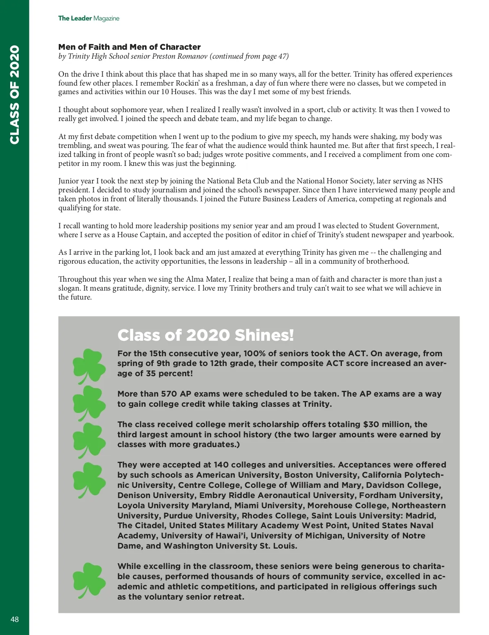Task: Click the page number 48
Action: [15, 619]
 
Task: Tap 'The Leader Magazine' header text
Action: [88, 18]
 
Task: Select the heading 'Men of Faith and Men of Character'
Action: [129, 47]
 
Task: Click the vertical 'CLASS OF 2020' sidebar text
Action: [15, 95]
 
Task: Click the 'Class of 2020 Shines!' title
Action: [205, 335]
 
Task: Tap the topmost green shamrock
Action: [89, 365]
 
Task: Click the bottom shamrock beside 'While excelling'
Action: [89, 580]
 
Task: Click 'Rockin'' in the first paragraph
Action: [187, 83]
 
